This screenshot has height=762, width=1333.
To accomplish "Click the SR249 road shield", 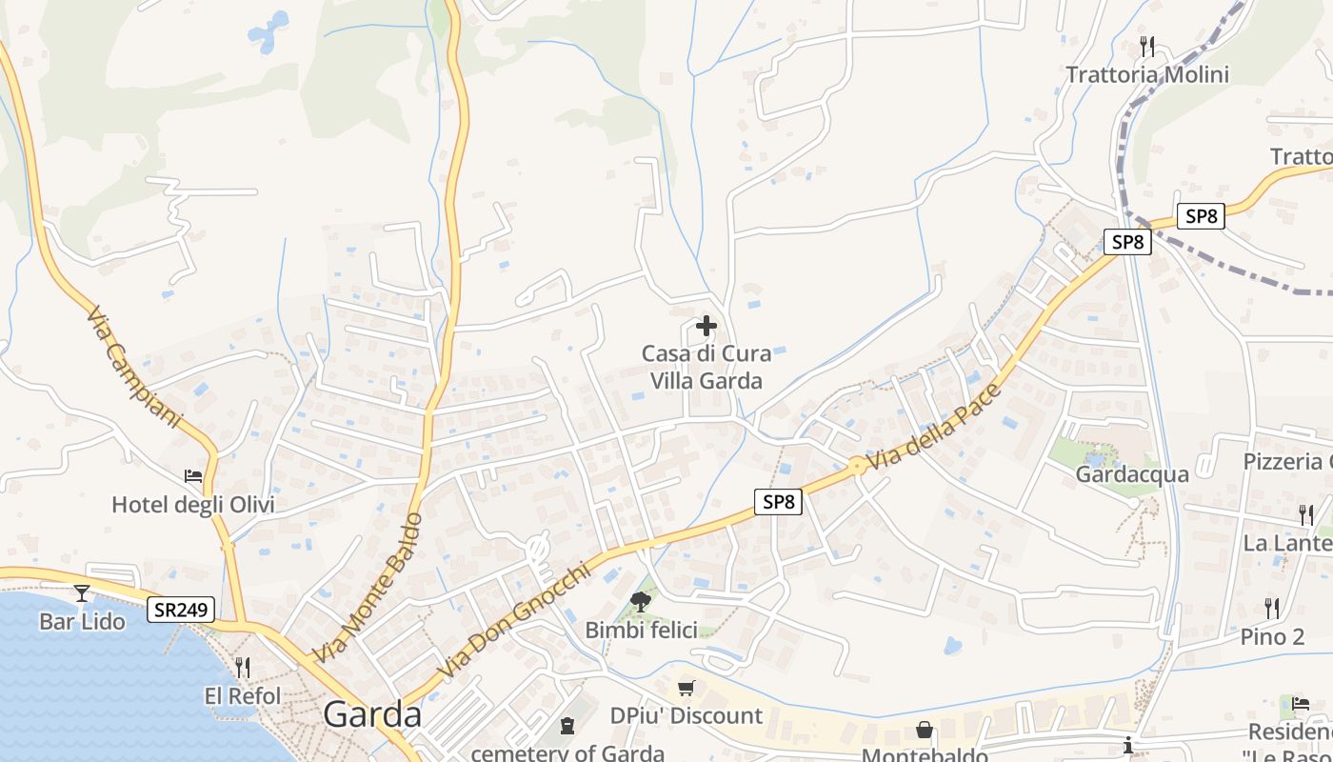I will pyautogui.click(x=181, y=610).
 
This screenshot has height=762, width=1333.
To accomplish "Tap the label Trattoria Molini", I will pyautogui.click(x=1147, y=74).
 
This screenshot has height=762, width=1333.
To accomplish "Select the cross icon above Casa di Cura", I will pyautogui.click(x=706, y=327).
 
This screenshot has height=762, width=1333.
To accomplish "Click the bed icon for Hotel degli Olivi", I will pyautogui.click(x=193, y=476).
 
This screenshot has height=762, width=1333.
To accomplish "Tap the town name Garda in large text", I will pyautogui.click(x=372, y=714).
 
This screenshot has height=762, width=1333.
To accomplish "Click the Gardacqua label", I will pyautogui.click(x=1132, y=474).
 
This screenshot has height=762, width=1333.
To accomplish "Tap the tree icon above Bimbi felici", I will pyautogui.click(x=641, y=601).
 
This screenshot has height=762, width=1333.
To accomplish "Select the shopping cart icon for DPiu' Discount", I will pyautogui.click(x=686, y=688).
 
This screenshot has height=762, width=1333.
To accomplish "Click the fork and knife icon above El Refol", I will pyautogui.click(x=243, y=667).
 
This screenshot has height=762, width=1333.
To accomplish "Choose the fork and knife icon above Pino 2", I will pyautogui.click(x=1272, y=608).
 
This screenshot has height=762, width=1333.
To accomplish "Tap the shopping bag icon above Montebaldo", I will pyautogui.click(x=924, y=731).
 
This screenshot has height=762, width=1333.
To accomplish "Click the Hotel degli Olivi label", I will pyautogui.click(x=193, y=505).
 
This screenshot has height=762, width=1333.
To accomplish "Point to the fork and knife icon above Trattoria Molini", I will pyautogui.click(x=1147, y=46).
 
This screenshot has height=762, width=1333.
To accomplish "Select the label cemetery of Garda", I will pyautogui.click(x=567, y=752).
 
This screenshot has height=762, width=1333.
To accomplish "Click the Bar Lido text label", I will pyautogui.click(x=82, y=622).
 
